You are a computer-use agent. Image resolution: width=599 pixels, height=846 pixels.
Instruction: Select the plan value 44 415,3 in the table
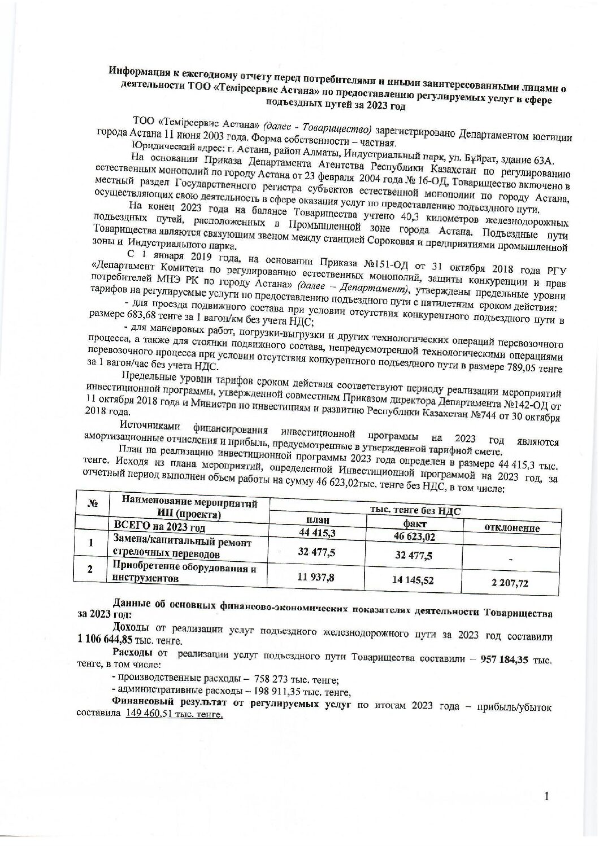pyautogui.click(x=317, y=532)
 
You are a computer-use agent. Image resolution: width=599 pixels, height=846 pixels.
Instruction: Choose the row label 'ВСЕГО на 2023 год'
pyautogui.click(x=160, y=527)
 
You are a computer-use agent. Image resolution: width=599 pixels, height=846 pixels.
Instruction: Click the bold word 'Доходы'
pyautogui.click(x=131, y=628)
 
